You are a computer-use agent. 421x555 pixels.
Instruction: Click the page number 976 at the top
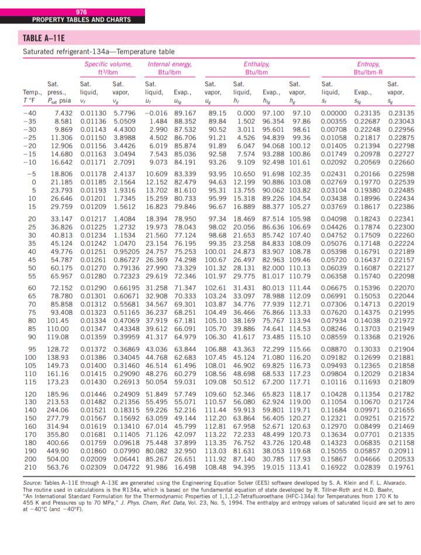[81, 12]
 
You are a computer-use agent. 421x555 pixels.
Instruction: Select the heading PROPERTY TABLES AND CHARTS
[81, 20]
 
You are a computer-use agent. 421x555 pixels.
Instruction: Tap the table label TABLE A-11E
[43, 40]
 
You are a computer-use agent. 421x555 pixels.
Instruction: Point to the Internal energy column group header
[168, 64]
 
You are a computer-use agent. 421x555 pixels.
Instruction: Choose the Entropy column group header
[368, 64]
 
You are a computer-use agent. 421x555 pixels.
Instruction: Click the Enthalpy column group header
[257, 64]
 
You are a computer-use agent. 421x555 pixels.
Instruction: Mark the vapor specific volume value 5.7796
[124, 112]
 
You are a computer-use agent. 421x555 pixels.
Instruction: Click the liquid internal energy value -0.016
[156, 112]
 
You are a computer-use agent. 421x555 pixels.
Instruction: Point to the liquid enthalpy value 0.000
[245, 112]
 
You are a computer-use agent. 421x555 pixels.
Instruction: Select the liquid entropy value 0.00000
[335, 112]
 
